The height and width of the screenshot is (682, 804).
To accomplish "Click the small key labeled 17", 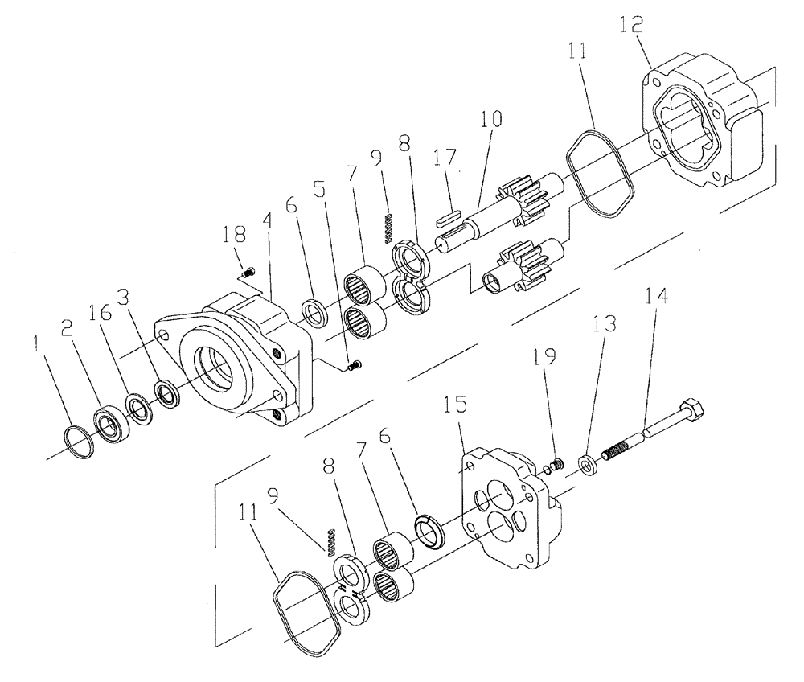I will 448,216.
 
